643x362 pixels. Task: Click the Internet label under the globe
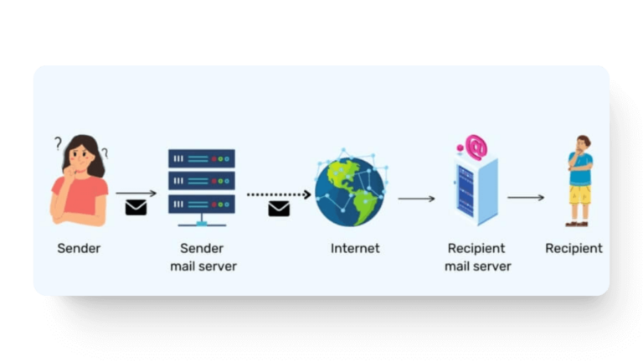click(x=355, y=248)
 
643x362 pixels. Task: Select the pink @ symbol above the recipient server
click(x=476, y=146)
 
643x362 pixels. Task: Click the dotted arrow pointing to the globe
click(x=279, y=194)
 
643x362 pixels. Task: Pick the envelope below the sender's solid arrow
click(x=136, y=207)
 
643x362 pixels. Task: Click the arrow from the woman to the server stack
click(x=136, y=193)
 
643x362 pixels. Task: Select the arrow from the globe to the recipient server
click(x=416, y=199)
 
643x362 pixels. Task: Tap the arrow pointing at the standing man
click(x=526, y=198)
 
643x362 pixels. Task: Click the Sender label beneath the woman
click(x=79, y=248)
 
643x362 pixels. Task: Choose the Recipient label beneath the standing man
click(x=574, y=248)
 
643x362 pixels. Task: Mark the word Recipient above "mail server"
click(x=476, y=248)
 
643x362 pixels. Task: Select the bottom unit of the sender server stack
click(x=202, y=204)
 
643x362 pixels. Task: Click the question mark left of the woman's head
click(x=59, y=143)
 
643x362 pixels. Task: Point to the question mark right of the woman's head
click(x=105, y=153)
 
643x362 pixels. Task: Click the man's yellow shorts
click(x=579, y=195)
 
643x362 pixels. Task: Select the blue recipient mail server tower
click(x=476, y=191)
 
